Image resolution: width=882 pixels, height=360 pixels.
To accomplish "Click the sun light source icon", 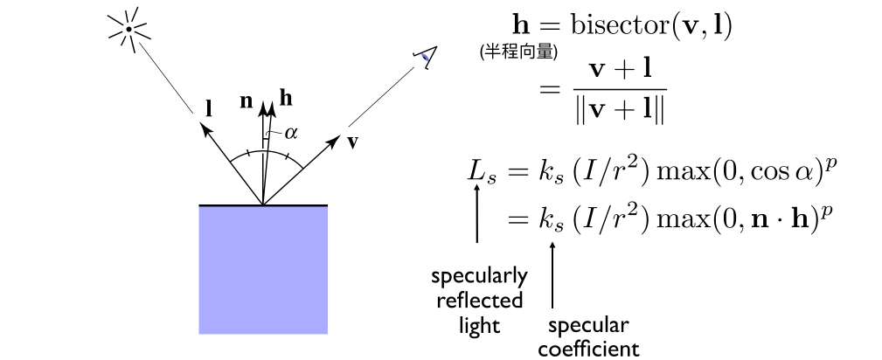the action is [x=129, y=29].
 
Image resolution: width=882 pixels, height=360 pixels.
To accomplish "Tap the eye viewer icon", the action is [x=425, y=57].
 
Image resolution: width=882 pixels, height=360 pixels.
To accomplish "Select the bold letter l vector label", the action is [x=209, y=108].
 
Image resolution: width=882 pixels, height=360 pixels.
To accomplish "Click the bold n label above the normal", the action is [x=246, y=102].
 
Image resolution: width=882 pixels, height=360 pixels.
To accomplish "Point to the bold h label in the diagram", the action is [x=286, y=99].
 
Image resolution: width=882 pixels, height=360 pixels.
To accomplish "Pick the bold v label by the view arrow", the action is [x=352, y=143].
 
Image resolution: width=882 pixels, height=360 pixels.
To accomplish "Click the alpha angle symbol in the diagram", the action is [x=291, y=134].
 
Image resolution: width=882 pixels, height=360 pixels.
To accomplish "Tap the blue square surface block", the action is [x=263, y=270].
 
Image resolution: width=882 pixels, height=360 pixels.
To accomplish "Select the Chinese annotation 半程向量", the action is [x=518, y=52].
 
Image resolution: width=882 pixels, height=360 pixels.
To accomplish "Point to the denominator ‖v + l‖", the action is [x=619, y=111].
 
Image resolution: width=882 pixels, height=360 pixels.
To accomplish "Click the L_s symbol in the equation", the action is [x=482, y=170].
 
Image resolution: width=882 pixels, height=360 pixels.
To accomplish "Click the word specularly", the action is [x=479, y=277].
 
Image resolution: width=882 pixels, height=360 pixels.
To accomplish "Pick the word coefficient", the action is [x=588, y=349].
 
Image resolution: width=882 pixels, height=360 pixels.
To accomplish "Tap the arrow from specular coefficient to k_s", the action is [x=553, y=274].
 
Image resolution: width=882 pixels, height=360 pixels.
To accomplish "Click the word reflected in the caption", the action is [x=480, y=301].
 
